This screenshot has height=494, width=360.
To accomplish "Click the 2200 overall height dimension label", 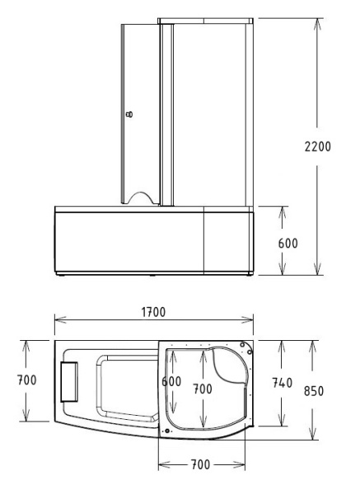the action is click(x=317, y=147).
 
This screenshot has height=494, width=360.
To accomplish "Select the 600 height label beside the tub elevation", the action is click(x=288, y=243).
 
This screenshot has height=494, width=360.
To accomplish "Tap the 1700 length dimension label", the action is click(x=153, y=312).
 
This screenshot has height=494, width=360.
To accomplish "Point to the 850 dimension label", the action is click(x=314, y=391).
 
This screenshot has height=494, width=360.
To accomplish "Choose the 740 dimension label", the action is click(x=282, y=383).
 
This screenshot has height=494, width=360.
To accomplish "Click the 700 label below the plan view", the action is click(x=200, y=464).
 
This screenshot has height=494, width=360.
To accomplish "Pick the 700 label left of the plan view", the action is click(x=27, y=380).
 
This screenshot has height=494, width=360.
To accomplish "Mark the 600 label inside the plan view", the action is click(x=171, y=381).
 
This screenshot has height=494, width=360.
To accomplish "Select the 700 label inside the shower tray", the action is click(x=203, y=389).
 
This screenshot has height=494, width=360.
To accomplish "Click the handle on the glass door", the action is click(x=129, y=114).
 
